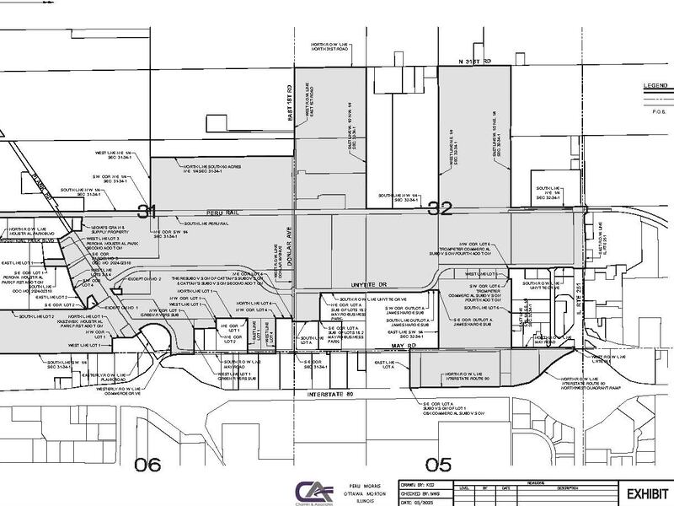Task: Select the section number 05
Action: tap(438, 463)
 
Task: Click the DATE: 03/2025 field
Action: tap(430, 502)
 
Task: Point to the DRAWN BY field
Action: tap(431, 487)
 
